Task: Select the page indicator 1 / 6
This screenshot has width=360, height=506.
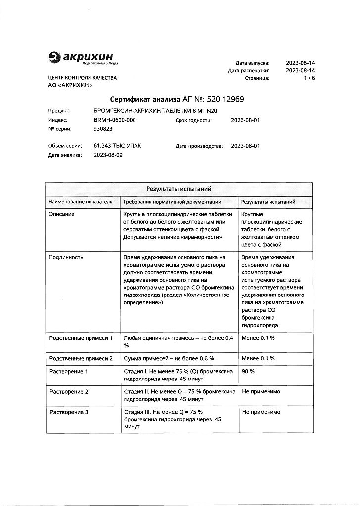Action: pos(310,78)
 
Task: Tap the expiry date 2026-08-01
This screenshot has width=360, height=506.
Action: pos(245,120)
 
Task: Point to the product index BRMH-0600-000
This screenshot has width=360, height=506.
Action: pos(115,120)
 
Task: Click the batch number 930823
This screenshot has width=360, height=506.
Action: pos(103,129)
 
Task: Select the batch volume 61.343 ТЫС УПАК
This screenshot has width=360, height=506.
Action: pos(117,146)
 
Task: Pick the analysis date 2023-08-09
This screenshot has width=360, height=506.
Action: pos(108,155)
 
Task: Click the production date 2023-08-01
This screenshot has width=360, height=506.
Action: pos(245,146)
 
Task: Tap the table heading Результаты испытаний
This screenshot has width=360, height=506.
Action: pos(179,189)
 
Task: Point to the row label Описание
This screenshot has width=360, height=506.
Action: pos(62,214)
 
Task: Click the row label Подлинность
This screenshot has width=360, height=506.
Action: pos(66,257)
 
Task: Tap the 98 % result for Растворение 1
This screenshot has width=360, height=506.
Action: pos(248,371)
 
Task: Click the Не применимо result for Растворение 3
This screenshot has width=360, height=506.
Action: pos(261,412)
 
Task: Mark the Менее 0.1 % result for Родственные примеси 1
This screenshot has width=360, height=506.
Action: pos(258,338)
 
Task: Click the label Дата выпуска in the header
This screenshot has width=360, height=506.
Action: pos(252,63)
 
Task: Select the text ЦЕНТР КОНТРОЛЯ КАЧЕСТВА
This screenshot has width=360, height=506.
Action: pos(83,78)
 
